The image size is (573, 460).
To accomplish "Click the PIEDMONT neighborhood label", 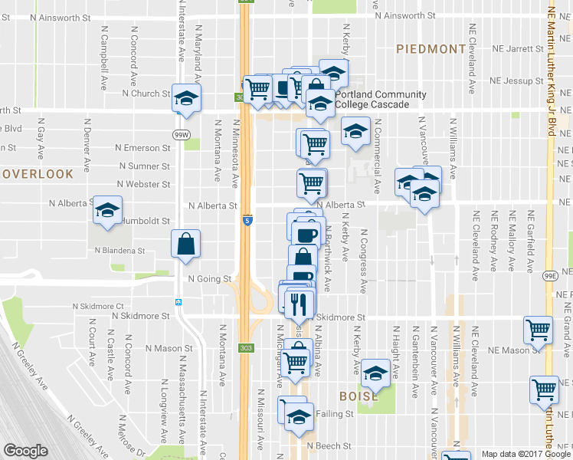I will tap(431, 49).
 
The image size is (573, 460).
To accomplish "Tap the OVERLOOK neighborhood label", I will tap(37, 174).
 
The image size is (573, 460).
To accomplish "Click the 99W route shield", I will tap(181, 134).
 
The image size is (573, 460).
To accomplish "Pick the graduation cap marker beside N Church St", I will tap(186, 98).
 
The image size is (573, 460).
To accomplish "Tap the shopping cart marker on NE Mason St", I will tap(539, 330).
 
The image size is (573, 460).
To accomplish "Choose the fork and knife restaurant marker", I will tap(299, 302).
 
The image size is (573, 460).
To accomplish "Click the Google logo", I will tap(26, 451).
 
